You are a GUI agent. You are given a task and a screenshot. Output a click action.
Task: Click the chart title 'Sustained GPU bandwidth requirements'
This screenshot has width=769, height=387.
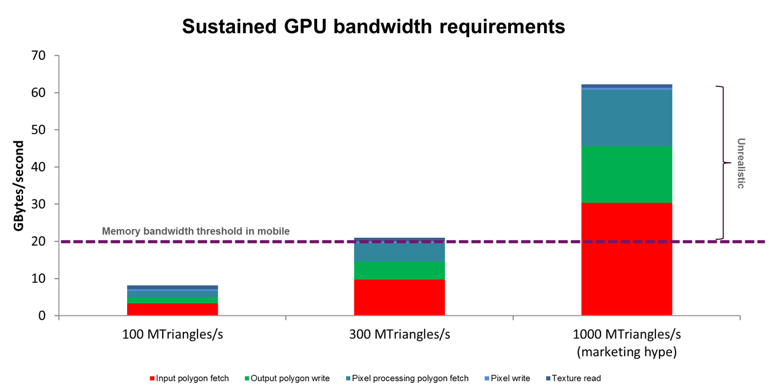coord(373,27)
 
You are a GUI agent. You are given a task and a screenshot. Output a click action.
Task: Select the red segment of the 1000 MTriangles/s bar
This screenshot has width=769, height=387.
coord(626,259)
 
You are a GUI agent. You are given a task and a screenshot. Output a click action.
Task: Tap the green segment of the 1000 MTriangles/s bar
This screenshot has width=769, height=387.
coord(626,175)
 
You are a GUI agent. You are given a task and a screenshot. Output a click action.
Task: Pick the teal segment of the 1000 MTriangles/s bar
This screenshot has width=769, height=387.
coord(626,118)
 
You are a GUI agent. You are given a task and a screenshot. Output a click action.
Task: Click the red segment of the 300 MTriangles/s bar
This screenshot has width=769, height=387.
coord(399,297)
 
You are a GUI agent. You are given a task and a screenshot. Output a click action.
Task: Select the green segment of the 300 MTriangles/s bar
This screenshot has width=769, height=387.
coord(399,270)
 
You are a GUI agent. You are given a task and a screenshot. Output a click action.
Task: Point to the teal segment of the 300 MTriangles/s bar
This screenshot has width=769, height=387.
coord(399,251)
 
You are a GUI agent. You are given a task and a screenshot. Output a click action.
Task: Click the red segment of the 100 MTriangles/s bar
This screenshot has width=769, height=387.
coord(172,309)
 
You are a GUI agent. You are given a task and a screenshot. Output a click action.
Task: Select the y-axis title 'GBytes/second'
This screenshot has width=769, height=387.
coord(19,186)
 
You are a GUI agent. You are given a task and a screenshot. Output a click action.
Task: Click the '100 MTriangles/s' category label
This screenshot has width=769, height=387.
coord(172,334)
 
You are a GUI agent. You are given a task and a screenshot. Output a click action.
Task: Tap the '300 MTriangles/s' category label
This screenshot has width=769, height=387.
coord(399,334)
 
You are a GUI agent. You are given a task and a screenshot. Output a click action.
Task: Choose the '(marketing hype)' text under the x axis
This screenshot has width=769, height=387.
coord(626,352)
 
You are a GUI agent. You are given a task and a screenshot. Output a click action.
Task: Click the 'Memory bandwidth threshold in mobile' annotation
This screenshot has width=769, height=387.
coord(196,231)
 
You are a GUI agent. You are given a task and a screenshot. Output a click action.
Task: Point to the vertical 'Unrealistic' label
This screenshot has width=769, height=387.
coord(740,163)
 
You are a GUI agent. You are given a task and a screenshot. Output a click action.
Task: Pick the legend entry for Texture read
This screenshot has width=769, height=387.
coord(573,378)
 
